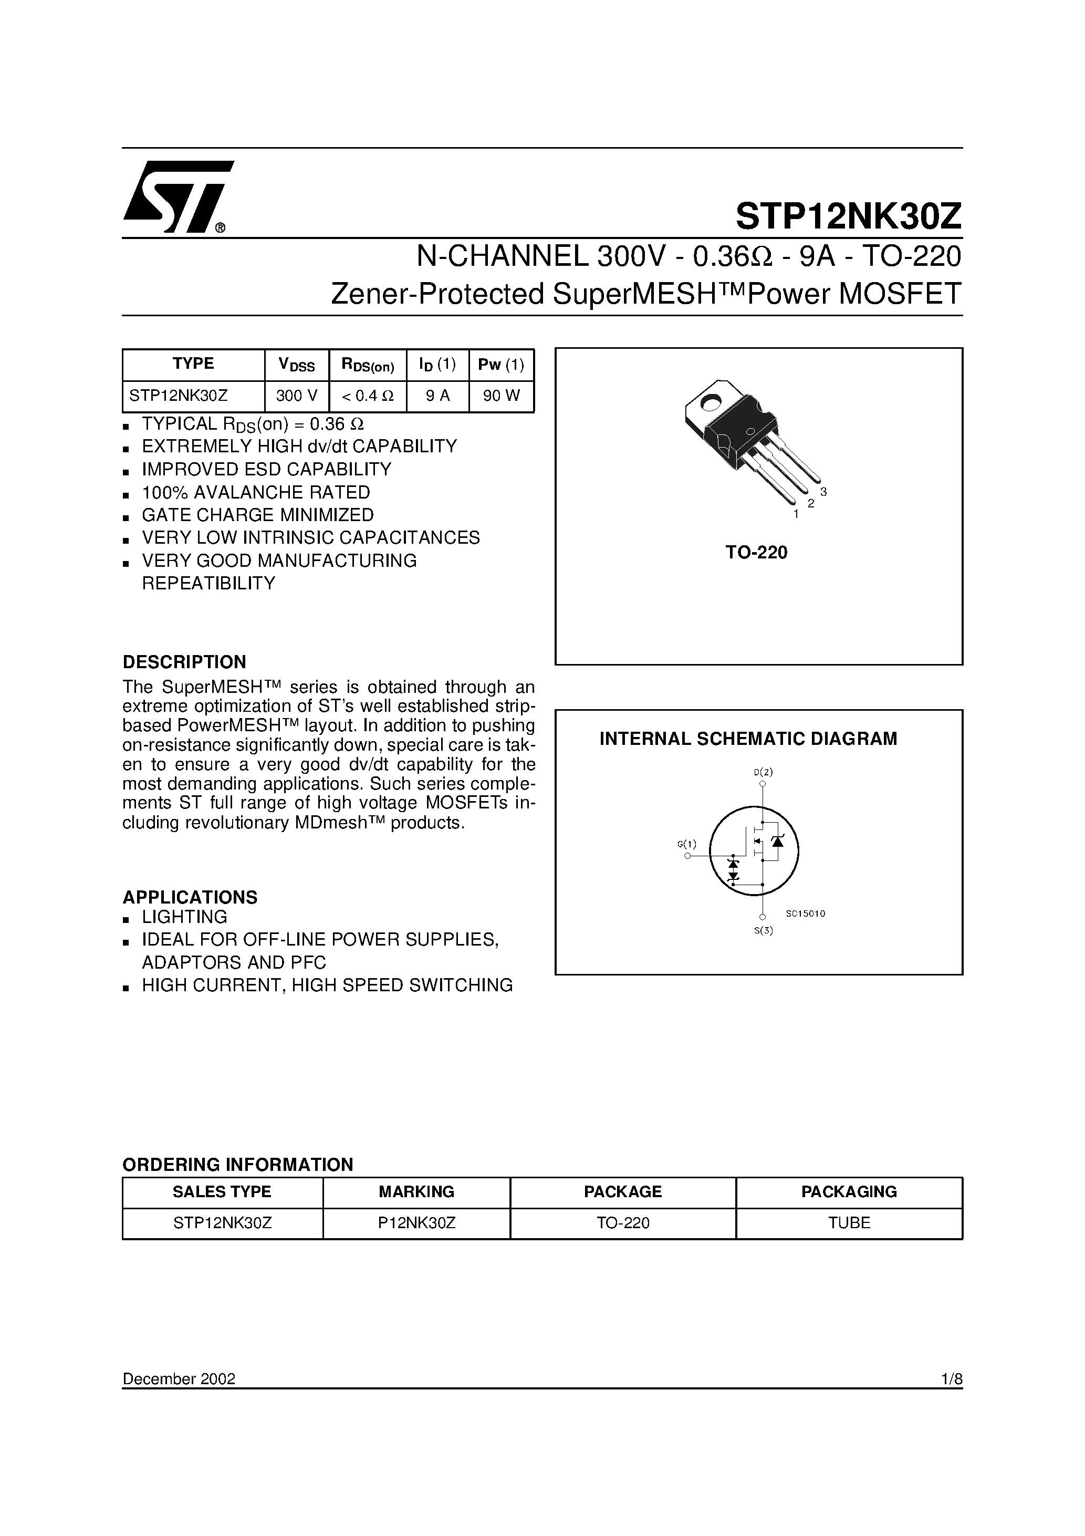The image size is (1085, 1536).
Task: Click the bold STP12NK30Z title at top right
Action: coord(848,216)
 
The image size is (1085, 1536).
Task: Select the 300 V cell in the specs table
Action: coord(296,396)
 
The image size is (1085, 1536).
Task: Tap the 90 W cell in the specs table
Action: coord(501,396)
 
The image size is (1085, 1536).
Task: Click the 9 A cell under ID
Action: coord(437,396)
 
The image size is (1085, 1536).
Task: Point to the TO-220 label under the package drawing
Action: coord(757,552)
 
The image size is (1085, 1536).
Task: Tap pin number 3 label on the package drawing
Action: coord(823,492)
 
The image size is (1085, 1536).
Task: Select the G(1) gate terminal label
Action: coord(686,844)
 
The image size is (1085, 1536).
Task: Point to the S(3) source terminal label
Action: coord(763,930)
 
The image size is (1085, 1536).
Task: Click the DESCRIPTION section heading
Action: coord(184,662)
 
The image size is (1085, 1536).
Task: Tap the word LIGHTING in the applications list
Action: coord(185,917)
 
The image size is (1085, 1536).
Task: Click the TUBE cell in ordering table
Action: coord(849,1223)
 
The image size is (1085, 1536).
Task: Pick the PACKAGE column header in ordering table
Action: coord(622,1191)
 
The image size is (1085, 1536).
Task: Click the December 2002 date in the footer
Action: coord(179,1379)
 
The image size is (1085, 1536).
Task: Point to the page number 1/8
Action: coord(951,1379)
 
